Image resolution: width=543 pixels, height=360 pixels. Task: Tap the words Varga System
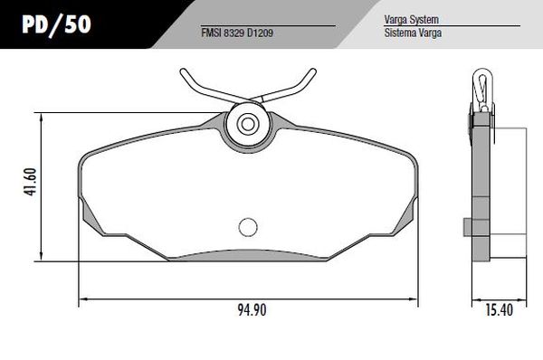coord(398,18)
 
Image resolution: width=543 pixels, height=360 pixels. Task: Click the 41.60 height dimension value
coord(29,184)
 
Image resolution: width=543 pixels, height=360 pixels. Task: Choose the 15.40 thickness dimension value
coord(498,312)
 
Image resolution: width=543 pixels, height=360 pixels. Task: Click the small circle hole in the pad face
coord(247,228)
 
